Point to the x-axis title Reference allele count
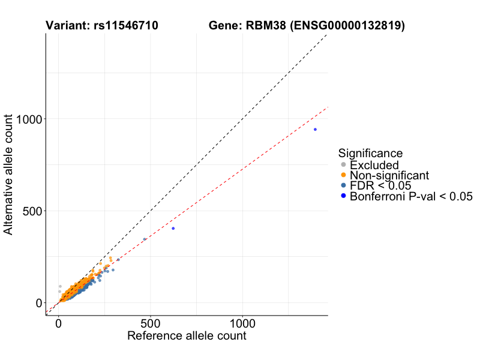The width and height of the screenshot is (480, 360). [x=187, y=336]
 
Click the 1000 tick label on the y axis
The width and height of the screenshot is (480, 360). [x=28, y=119]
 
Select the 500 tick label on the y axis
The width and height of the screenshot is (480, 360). [x=32, y=211]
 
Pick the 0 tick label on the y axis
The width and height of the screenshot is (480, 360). [x=38, y=302]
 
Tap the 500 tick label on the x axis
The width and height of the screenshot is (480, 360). [x=151, y=322]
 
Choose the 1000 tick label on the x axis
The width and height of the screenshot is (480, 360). [x=242, y=322]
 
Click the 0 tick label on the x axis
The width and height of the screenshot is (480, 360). [x=58, y=322]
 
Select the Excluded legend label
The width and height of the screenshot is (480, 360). [x=374, y=164]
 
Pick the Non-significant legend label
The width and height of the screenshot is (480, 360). [x=389, y=175]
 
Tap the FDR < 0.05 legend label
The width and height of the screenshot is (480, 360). [x=380, y=185]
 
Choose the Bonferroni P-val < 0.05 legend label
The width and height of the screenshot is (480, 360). [x=412, y=196]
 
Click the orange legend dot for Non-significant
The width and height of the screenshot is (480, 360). [x=343, y=175]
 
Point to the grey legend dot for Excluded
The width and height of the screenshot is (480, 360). [x=343, y=164]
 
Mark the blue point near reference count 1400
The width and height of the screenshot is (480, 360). [x=315, y=130]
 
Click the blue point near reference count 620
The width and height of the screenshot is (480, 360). [x=173, y=229]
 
